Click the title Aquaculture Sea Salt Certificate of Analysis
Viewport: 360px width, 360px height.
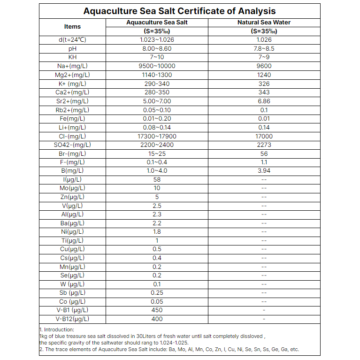click(x=180, y=11)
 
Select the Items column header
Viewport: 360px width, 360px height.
click(x=72, y=27)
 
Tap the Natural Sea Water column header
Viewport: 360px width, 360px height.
click(x=264, y=22)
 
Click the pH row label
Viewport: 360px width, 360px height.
click(x=72, y=48)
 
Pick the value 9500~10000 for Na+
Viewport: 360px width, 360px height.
click(x=157, y=66)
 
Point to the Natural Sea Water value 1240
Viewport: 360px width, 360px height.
click(x=264, y=75)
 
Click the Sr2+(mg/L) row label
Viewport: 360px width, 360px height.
click(x=72, y=101)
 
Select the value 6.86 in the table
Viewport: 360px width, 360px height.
click(x=264, y=101)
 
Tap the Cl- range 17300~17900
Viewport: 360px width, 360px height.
click(x=157, y=136)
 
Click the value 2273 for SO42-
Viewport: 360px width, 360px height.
click(x=264, y=145)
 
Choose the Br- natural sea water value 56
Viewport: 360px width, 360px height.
click(x=264, y=153)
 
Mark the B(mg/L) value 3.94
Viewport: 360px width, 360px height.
click(x=264, y=171)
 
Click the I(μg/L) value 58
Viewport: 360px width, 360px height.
click(x=157, y=179)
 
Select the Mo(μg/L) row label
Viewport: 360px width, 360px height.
click(x=72, y=188)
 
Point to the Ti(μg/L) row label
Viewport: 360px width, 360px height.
click(x=72, y=240)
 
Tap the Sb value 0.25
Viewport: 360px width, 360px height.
click(x=157, y=293)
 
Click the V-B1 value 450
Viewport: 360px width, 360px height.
click(x=157, y=310)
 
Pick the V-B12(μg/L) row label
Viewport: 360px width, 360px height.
click(x=72, y=319)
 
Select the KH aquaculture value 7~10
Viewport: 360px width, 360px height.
click(x=157, y=57)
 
